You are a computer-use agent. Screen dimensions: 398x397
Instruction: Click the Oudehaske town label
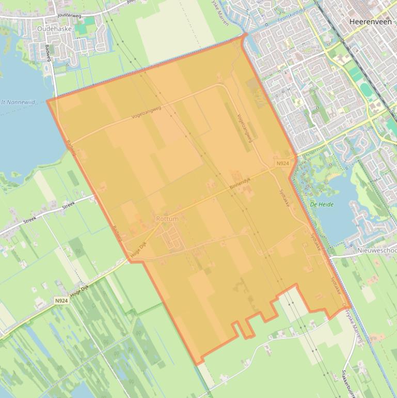pyautogui.click(x=54, y=29)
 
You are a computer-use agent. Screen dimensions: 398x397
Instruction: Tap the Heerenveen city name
pyautogui.click(x=370, y=22)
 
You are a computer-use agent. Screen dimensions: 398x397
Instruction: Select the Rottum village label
pyautogui.click(x=167, y=219)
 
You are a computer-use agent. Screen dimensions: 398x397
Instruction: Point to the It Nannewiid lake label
pyautogui.click(x=18, y=102)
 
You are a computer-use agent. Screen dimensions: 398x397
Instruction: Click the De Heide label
pyautogui.click(x=322, y=205)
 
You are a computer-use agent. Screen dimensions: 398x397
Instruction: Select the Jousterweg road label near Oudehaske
pyautogui.click(x=70, y=16)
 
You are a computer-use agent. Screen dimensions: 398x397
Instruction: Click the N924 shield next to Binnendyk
pyautogui.click(x=282, y=163)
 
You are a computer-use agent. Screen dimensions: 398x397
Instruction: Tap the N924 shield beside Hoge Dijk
pyautogui.click(x=61, y=300)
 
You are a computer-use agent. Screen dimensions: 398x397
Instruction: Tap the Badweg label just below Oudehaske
pyautogui.click(x=49, y=52)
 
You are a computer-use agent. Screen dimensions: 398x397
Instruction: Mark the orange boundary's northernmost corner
pyautogui.click(x=243, y=36)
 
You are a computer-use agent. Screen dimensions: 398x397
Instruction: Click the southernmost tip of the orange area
pyautogui.click(x=197, y=364)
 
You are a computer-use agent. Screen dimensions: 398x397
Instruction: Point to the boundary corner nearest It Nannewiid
pyautogui.click(x=48, y=101)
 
